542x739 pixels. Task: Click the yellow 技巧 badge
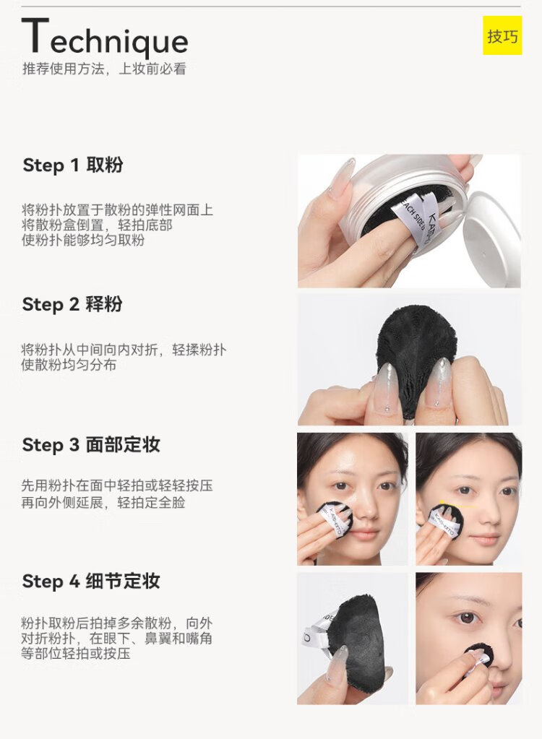(502, 35)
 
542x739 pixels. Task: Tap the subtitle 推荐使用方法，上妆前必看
(104, 69)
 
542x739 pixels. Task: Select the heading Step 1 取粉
(73, 165)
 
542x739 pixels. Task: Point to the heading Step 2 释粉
(72, 304)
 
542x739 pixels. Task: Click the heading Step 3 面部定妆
(92, 444)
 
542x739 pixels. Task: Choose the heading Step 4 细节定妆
(92, 581)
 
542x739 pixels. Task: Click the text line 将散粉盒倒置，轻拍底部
(97, 225)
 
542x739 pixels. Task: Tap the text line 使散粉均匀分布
(69, 365)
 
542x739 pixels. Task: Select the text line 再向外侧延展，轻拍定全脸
(103, 502)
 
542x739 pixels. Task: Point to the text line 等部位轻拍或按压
(75, 653)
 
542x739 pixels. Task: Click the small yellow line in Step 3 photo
(457, 504)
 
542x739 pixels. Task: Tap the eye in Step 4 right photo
(468, 618)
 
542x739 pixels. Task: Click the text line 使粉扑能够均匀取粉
(83, 240)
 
